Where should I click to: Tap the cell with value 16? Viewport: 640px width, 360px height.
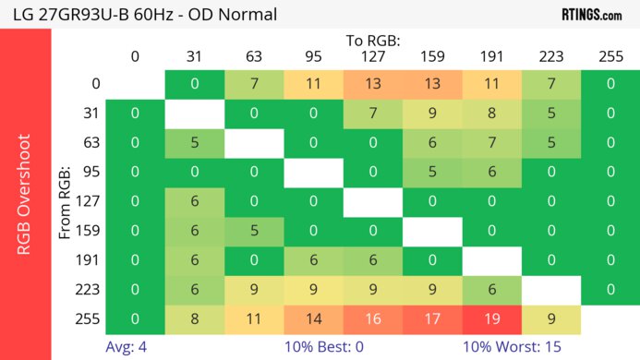tap(372, 319)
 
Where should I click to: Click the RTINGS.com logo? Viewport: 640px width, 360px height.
tap(591, 15)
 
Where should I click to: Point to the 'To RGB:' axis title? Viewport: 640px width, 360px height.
tap(373, 42)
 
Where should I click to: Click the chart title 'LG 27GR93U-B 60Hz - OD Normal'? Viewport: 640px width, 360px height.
tap(139, 15)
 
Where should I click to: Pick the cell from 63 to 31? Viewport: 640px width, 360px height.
tap(195, 143)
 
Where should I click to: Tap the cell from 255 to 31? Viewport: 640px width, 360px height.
tap(195, 319)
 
